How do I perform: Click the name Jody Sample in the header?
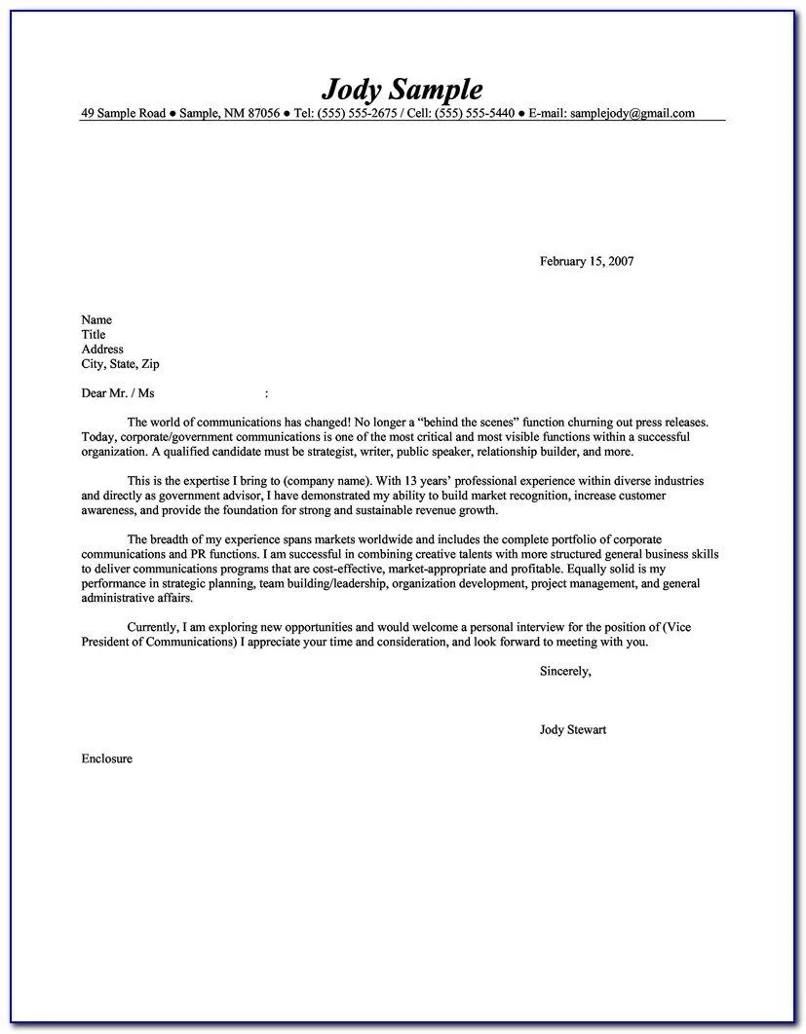pos(403,90)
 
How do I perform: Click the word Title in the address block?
pos(94,334)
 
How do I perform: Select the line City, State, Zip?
pos(120,364)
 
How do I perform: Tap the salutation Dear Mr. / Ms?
pos(117,394)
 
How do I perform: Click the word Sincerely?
pos(564,671)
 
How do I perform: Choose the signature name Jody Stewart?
pos(573,729)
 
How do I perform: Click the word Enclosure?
pos(106,757)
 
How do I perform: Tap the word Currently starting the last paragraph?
pos(154,628)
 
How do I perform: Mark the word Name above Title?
pos(96,319)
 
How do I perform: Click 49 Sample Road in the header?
pos(123,113)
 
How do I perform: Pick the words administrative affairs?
pos(130,598)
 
